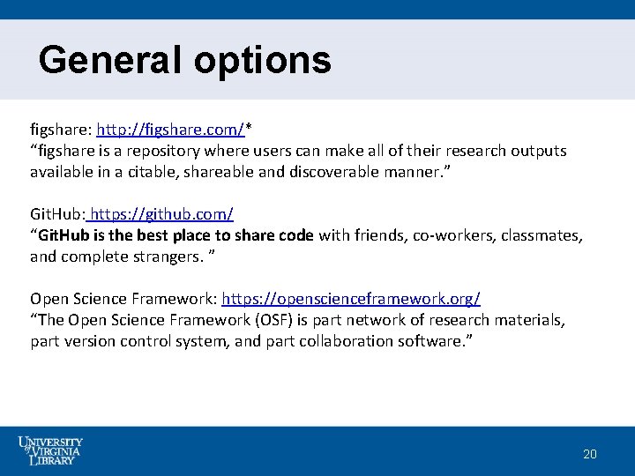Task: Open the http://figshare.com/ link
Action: [x=170, y=130]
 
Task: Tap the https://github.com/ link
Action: [x=161, y=214]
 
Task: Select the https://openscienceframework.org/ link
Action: [x=351, y=299]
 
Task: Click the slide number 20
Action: [x=590, y=454]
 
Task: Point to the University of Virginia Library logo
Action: [x=49, y=450]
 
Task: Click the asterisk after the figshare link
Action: [x=249, y=129]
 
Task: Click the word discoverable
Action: [x=336, y=172]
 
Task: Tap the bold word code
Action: [x=295, y=235]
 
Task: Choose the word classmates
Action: [x=542, y=235]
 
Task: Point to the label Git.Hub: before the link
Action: [x=57, y=214]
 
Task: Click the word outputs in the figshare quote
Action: [x=538, y=151]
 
